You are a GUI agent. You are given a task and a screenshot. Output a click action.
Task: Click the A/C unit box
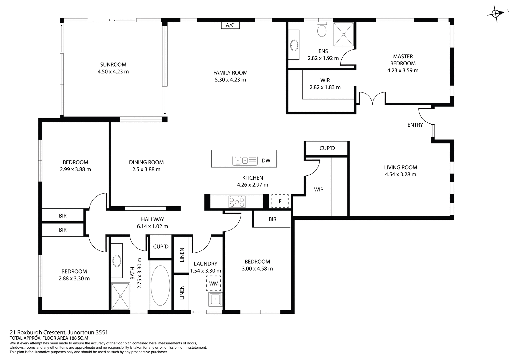pos(230,25)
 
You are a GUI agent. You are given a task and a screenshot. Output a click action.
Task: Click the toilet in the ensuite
pos(322,30)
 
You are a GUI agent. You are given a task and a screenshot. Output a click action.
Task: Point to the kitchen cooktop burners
pos(237,202)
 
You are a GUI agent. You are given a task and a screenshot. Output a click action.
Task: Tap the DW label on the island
pos(266,160)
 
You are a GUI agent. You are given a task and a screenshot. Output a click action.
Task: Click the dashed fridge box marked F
pos(280,201)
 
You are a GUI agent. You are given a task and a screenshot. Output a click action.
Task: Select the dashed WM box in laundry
pos(214,283)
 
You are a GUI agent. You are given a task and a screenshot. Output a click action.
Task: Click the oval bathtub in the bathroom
pos(160,285)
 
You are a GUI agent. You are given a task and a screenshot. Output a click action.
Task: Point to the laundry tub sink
pos(215,299)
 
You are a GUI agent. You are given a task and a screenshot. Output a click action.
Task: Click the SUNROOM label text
pos(113,65)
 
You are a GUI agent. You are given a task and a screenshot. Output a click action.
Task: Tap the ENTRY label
pos(415,125)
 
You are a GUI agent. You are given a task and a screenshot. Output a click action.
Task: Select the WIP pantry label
pos(318,190)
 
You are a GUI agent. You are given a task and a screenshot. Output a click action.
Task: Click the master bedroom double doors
pos(372,98)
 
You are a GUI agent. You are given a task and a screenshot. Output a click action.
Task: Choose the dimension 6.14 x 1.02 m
pos(152,226)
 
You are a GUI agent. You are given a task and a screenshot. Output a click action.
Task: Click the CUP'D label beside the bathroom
pos(161,247)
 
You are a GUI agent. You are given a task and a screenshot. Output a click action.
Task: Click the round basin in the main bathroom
pos(117,261)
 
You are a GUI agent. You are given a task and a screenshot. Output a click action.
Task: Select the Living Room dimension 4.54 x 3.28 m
pos(400,174)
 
